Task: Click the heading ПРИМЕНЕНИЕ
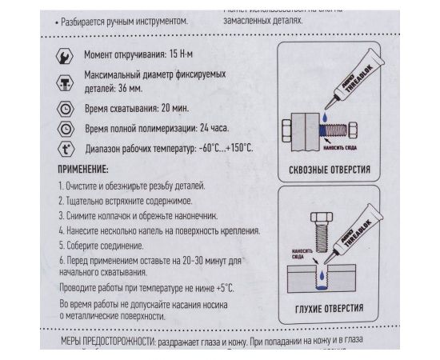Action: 88,170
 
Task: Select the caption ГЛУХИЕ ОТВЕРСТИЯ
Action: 329,309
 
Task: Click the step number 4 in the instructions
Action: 62,229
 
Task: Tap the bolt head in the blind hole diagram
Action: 317,218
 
